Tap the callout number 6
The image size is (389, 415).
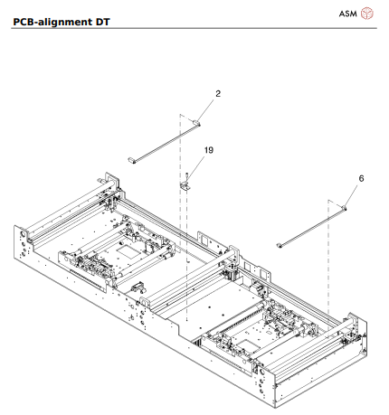pyautogui.click(x=361, y=179)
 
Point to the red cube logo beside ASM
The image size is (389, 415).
pyautogui.click(x=367, y=14)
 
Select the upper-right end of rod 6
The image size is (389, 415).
pyautogui.click(x=345, y=207)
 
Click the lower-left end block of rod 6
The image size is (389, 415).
pyautogui.click(x=280, y=244)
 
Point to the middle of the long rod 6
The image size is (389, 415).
pyautogui.click(x=313, y=225)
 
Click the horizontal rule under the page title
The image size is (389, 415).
pyautogui.click(x=194, y=27)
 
